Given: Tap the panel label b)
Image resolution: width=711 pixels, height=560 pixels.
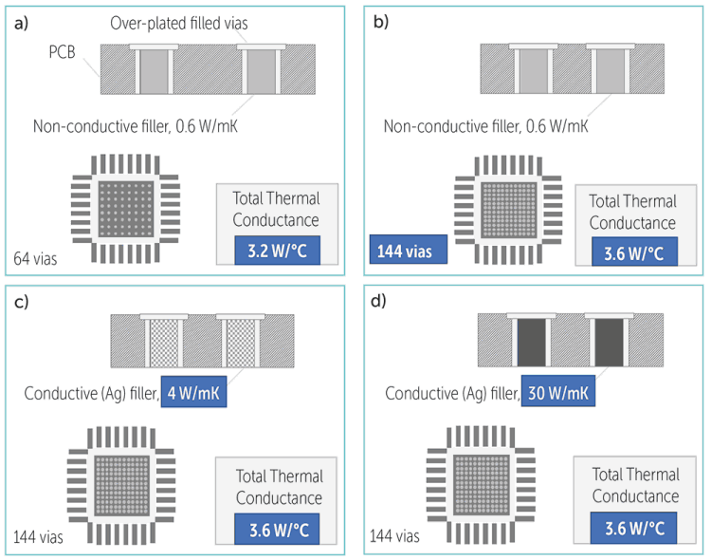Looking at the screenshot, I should coord(381,23).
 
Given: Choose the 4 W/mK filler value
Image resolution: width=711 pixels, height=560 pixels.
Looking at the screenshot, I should coord(192,392).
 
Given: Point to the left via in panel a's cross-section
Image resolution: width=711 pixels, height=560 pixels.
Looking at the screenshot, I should coord(153,71).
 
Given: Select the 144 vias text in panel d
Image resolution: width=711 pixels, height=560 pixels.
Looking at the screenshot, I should coord(394,536).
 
